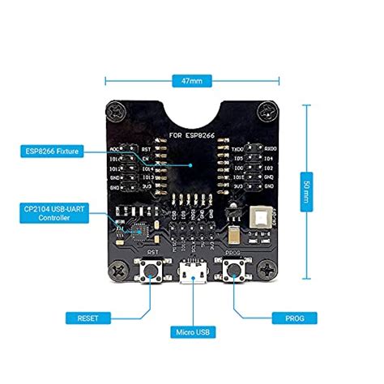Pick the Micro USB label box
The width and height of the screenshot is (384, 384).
tap(192, 332)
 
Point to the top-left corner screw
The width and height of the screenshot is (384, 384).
tap(115, 111)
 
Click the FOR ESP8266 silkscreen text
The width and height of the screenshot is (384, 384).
tap(192, 134)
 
